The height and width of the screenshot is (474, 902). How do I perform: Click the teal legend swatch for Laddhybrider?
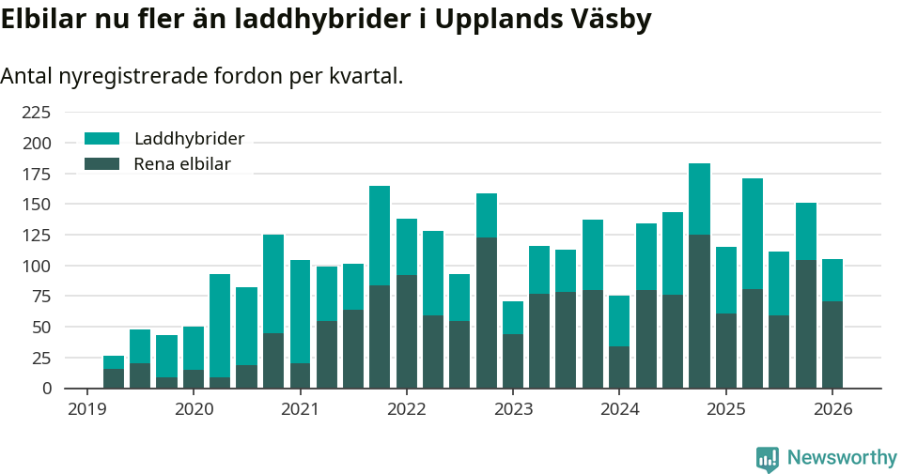(101, 139)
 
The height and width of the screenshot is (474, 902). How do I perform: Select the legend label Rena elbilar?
(181, 164)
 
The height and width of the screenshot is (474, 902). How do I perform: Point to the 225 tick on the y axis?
(37, 113)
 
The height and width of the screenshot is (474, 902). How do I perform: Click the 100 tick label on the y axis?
(37, 266)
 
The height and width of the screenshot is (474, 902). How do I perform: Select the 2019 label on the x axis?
(86, 409)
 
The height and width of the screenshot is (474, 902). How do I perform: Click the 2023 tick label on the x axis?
(513, 409)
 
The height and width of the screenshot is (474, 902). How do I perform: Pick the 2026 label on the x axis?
(832, 409)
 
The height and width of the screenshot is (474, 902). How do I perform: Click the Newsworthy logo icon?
(768, 459)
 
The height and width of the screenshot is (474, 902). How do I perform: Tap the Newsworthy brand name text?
(842, 458)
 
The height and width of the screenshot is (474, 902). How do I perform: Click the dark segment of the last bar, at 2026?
(832, 344)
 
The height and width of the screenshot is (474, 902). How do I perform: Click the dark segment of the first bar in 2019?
(114, 378)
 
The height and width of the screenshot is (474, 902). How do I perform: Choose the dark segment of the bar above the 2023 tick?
(513, 360)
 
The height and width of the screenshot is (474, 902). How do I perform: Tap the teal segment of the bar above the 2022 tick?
(407, 247)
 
